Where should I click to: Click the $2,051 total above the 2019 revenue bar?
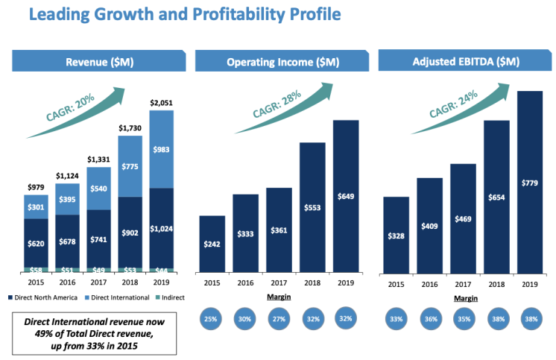[x=162, y=102]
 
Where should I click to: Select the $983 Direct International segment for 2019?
[x=162, y=149]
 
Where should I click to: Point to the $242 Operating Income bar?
[x=212, y=244]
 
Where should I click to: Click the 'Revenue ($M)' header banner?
[x=99, y=61]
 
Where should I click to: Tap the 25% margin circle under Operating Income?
[x=212, y=318]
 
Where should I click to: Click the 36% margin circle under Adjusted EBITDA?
[x=429, y=318]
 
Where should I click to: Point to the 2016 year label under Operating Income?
[x=246, y=283]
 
